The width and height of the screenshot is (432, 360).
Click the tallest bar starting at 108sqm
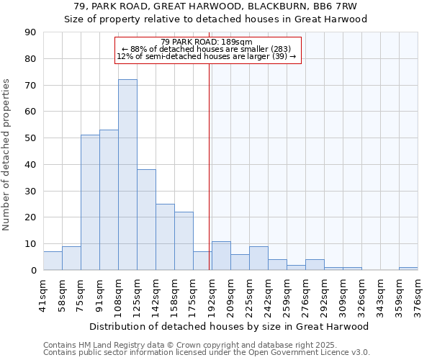coord(127,175)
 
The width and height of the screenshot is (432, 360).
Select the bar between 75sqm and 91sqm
coord(90,202)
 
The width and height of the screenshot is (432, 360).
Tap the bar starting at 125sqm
coord(146,220)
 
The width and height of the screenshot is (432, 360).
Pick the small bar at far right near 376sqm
coord(408,269)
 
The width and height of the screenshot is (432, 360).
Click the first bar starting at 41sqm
coord(53,261)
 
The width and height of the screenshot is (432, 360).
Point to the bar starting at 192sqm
coord(221,256)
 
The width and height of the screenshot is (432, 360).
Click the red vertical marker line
coord(210,166)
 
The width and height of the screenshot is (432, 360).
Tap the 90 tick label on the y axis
coord(30,32)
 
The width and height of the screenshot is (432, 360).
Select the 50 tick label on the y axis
coord(30,138)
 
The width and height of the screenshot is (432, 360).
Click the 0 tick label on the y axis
coord(33,270)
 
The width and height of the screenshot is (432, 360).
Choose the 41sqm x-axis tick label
coord(43,294)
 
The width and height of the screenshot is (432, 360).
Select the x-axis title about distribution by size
coord(229,326)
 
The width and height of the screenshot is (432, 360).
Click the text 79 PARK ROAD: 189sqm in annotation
coord(206,42)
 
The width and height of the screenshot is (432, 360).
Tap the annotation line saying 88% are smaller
coord(206,49)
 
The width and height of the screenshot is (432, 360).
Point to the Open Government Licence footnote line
coord(207,352)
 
